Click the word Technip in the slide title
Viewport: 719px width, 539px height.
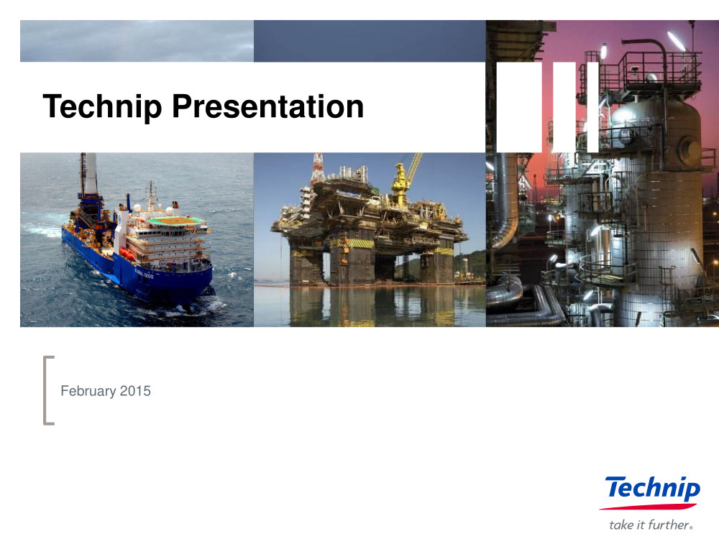[102, 107]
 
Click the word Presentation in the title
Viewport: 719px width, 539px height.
[267, 106]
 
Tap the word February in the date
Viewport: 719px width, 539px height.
[88, 391]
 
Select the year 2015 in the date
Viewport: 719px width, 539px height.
[135, 390]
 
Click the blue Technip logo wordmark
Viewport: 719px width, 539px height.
[653, 489]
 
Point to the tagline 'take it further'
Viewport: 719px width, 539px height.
[651, 525]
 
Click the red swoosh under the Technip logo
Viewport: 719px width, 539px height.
[648, 507]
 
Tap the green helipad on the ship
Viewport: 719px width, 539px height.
[175, 221]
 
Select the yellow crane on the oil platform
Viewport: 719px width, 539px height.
[403, 179]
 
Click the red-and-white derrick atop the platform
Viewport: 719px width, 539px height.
[317, 167]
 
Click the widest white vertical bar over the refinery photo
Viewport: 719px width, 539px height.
[519, 107]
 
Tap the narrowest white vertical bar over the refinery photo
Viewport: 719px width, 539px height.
[593, 107]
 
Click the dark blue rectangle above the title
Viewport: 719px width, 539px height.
[370, 41]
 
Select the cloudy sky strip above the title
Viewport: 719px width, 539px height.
[137, 41]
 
